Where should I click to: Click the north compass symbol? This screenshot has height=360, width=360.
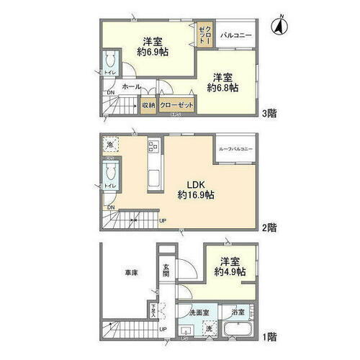tap(277, 27)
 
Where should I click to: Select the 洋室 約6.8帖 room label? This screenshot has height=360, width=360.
tap(224, 82)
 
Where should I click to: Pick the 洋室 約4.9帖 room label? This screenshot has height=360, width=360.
tap(232, 267)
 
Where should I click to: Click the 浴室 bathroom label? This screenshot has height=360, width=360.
tap(238, 313)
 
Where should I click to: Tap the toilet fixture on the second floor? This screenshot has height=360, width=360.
tap(111, 173)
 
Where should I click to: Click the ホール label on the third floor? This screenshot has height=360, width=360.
tap(131, 86)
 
